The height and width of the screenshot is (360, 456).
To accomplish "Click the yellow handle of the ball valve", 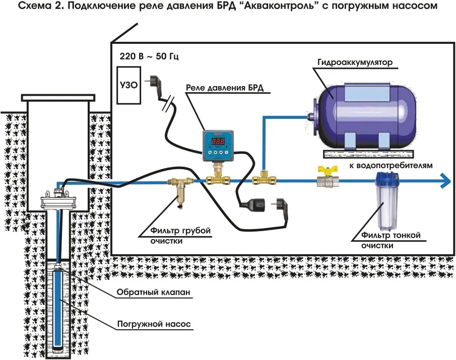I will tap(323, 170).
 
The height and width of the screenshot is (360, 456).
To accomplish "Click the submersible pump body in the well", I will tap(59, 307).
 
